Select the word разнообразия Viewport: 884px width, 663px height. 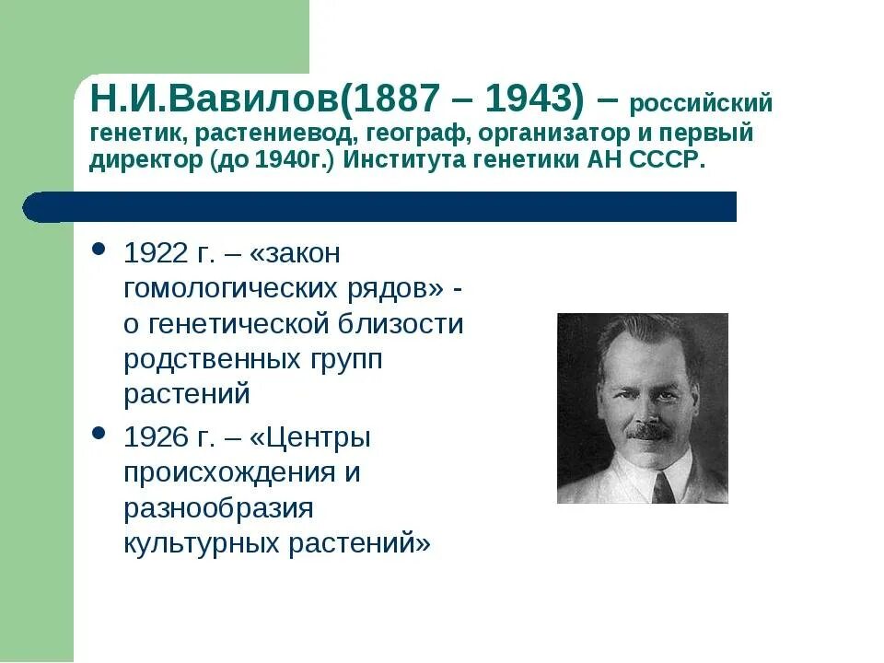pos(219,507)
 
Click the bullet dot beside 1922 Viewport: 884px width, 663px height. pos(99,251)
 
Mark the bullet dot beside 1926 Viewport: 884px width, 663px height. pos(99,434)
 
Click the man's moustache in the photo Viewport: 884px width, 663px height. pos(651,430)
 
